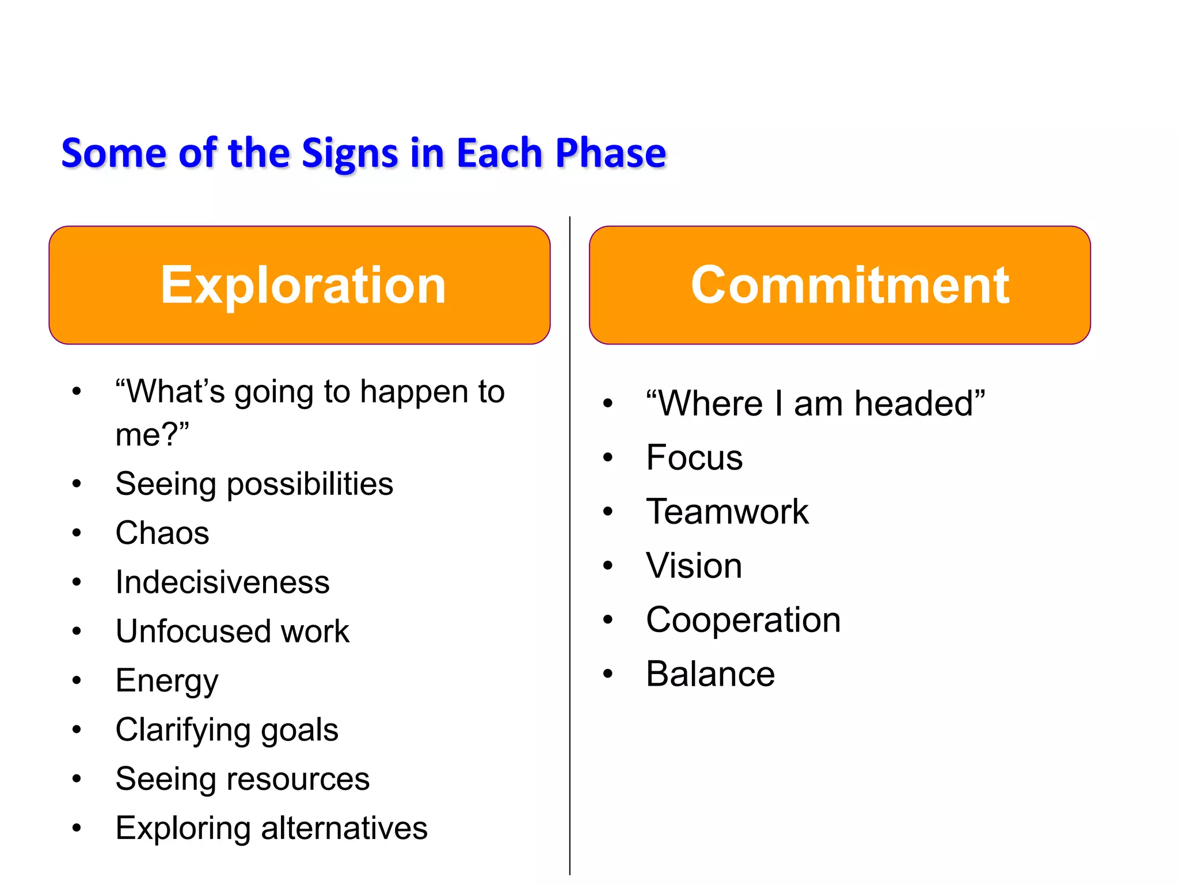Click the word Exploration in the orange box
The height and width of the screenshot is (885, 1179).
(303, 285)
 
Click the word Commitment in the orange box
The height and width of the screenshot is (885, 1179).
(850, 285)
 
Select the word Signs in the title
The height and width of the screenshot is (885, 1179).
(349, 154)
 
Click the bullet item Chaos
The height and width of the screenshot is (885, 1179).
(162, 533)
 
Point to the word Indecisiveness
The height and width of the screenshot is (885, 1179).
(222, 582)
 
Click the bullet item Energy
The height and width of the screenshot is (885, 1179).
(167, 681)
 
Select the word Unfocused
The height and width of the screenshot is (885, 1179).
(193, 631)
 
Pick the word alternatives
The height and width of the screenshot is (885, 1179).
(344, 829)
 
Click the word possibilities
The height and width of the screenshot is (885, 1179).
(310, 484)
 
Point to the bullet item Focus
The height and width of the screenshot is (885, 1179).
(694, 457)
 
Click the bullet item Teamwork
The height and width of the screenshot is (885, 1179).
(727, 512)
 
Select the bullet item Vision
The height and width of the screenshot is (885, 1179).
(694, 566)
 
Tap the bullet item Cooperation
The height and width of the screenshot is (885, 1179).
(743, 620)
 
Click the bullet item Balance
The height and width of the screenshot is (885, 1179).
(710, 674)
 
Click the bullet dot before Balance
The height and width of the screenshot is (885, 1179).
(608, 674)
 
